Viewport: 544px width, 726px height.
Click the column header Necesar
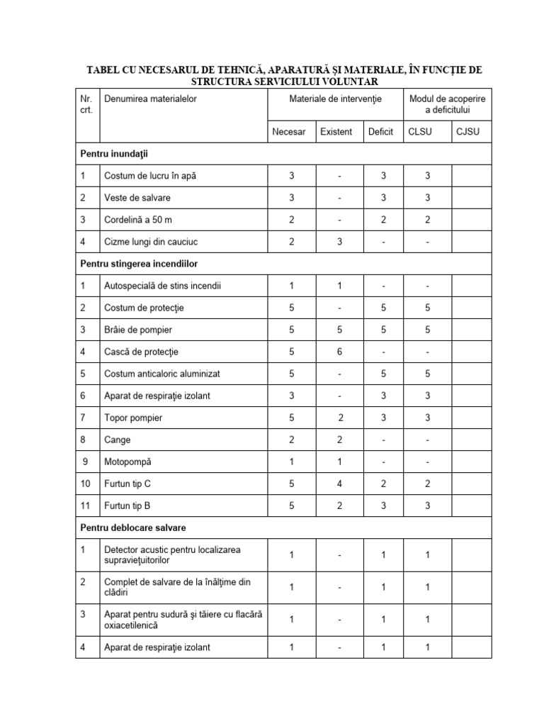(x=289, y=132)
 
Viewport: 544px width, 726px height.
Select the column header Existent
(x=336, y=132)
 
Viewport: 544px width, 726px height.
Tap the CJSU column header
(x=470, y=132)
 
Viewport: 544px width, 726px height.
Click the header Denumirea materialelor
(x=150, y=99)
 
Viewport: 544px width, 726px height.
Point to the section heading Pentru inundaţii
(x=114, y=153)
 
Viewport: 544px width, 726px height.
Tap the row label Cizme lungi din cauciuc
(x=151, y=242)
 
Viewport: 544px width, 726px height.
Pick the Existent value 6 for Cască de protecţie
(x=339, y=352)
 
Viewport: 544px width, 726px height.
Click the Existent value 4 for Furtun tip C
(x=339, y=484)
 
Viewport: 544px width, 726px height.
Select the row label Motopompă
(x=127, y=462)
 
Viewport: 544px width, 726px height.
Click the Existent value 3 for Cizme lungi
(x=339, y=242)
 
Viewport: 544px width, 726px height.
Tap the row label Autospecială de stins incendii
(x=163, y=286)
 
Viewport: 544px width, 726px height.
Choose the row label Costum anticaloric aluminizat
(x=164, y=374)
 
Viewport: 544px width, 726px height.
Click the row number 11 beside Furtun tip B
(x=86, y=506)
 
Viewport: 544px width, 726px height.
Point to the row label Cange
(x=118, y=440)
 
